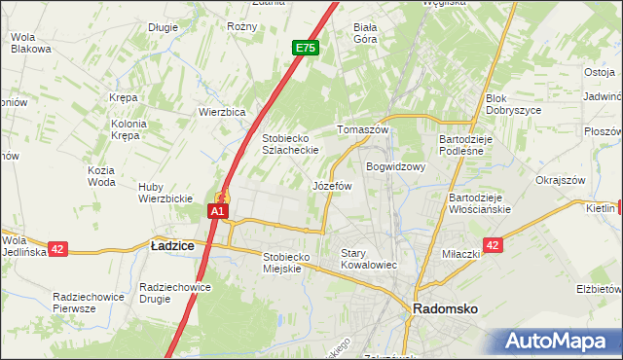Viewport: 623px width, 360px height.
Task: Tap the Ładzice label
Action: point(172,247)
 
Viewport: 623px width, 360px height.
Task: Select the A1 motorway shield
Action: point(218,210)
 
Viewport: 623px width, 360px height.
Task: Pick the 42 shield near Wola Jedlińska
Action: point(57,249)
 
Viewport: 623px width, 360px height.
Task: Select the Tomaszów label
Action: point(362,130)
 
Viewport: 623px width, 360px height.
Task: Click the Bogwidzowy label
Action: point(396,166)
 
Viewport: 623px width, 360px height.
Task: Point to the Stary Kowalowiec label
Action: point(369,259)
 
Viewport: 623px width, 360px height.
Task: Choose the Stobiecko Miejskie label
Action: point(286,263)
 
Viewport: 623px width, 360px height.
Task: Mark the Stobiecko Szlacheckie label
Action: point(299,144)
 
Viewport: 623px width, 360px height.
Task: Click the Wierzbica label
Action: point(222,112)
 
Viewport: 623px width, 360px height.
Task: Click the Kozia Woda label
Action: point(101,176)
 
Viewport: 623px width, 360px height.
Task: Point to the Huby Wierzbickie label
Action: point(165,193)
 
